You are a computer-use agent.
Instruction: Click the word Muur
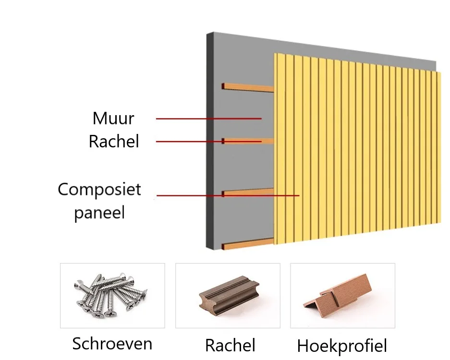(x=113, y=118)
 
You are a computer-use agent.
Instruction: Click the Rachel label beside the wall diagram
(x=114, y=142)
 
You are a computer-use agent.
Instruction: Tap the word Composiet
(x=99, y=189)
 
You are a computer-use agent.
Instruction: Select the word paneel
(x=99, y=212)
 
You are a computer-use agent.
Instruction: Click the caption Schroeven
(x=112, y=344)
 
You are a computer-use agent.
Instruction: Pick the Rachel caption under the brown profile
(x=230, y=345)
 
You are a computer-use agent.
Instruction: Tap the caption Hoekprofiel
(x=341, y=346)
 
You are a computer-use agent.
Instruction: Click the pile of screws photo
(x=112, y=295)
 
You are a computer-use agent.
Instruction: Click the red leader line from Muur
(x=208, y=118)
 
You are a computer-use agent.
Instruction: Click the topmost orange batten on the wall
(x=248, y=87)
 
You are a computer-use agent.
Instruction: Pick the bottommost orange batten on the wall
(x=248, y=244)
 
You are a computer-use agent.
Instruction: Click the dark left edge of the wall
(x=210, y=144)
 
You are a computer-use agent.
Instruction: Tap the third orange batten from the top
(x=248, y=192)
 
